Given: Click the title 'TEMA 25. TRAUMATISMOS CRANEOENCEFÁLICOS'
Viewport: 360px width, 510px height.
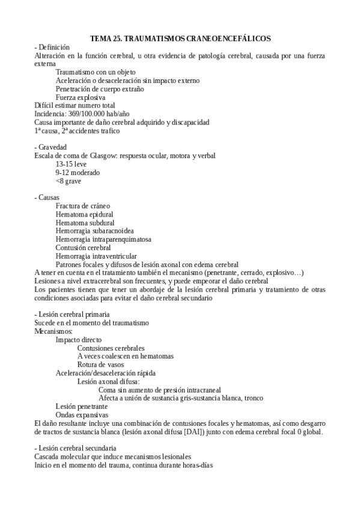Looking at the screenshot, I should (180, 38).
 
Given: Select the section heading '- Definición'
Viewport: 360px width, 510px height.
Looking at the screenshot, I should (52, 47).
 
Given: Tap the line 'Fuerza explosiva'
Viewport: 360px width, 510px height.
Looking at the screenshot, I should (81, 97).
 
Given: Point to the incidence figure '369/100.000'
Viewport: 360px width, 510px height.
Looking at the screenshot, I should (84, 114).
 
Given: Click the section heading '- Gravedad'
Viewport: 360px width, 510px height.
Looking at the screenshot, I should (51, 147).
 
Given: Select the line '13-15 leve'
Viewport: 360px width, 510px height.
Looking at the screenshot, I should (72, 164).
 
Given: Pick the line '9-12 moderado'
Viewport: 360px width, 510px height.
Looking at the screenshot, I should (78, 172).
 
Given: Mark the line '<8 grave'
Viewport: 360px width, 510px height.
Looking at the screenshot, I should (68, 180).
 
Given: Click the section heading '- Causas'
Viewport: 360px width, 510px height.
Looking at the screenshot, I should (47, 197).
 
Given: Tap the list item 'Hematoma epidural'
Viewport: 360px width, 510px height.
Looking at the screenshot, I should (84, 214).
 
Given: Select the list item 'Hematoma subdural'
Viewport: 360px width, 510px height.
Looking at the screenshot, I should (85, 222).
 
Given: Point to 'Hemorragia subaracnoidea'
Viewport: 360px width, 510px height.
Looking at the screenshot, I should (94, 230).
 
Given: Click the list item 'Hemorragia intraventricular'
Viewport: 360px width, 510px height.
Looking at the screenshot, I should (96, 256).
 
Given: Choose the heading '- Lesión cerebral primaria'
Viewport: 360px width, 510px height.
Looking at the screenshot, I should (72, 314).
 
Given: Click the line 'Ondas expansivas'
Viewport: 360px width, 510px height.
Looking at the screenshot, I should (82, 414).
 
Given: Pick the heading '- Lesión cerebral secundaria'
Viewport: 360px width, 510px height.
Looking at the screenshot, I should (75, 448).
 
